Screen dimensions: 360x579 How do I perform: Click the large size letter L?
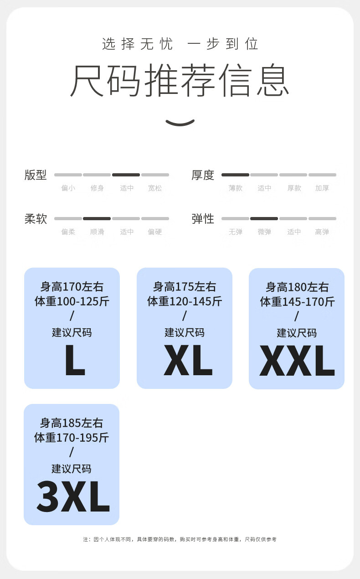pyautogui.click(x=75, y=360)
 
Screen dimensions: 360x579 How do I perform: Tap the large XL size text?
pyautogui.click(x=188, y=360)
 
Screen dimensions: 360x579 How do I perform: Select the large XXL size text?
pyautogui.click(x=297, y=360)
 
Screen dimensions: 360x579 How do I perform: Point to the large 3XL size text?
pyautogui.click(x=73, y=496)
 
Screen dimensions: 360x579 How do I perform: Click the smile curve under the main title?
pyautogui.click(x=180, y=123)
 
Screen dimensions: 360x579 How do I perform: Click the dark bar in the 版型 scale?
pyautogui.click(x=126, y=175)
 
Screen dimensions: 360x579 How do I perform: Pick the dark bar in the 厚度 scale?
pyautogui.click(x=235, y=175)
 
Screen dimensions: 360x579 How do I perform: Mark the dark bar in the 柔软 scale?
pyautogui.click(x=97, y=219)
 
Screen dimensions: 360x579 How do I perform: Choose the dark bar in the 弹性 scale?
pyautogui.click(x=264, y=219)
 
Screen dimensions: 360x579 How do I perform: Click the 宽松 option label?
pyautogui.click(x=155, y=188)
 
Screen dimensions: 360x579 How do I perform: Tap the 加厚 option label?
pyautogui.click(x=322, y=188)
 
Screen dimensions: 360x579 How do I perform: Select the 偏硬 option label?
pyautogui.click(x=155, y=232)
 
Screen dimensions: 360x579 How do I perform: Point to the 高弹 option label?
pyautogui.click(x=322, y=232)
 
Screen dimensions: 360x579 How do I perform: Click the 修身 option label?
pyautogui.click(x=97, y=188)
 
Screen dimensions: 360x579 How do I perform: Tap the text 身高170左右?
pyautogui.click(x=72, y=287)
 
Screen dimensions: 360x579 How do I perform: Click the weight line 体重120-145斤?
pyautogui.click(x=185, y=301)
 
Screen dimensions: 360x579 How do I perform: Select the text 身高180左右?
pyautogui.click(x=297, y=287)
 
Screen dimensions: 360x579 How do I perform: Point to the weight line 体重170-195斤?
pyautogui.click(x=72, y=438)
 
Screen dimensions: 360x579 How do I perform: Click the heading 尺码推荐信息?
pyautogui.click(x=180, y=80)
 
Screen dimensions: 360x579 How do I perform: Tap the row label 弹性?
pyautogui.click(x=203, y=219)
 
